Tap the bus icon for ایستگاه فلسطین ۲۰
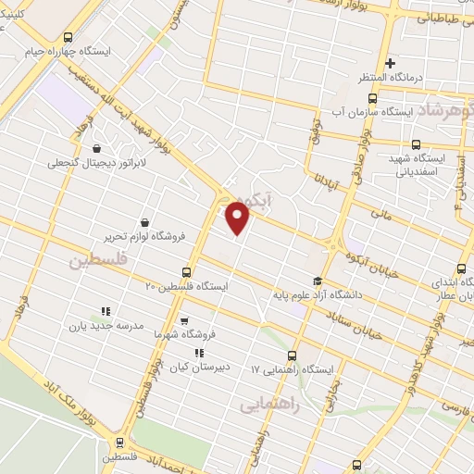(x=188, y=273)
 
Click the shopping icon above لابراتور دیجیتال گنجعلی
(x=97, y=147)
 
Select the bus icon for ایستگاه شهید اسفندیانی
(x=415, y=144)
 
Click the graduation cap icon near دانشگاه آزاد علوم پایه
(x=318, y=281)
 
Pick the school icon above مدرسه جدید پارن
(x=106, y=312)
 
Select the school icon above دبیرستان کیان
(x=198, y=353)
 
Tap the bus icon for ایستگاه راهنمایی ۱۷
(x=293, y=355)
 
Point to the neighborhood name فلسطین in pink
(x=95, y=262)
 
